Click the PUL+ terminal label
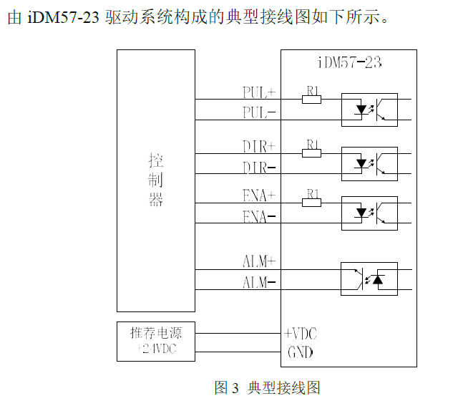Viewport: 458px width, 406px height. [259, 93]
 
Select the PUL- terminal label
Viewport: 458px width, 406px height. [259, 112]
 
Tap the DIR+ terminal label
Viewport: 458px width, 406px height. [259, 147]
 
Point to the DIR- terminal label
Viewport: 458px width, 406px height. [259, 168]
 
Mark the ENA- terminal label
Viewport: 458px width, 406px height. [259, 216]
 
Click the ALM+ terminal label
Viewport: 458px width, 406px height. [259, 262]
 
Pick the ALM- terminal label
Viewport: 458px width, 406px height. [259, 282]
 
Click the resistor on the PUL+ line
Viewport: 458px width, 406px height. [311, 100]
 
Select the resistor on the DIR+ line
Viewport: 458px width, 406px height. [311, 153]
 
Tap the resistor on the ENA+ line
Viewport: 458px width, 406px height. [311, 203]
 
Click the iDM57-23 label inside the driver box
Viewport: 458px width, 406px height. [349, 63]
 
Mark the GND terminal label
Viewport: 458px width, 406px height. [300, 352]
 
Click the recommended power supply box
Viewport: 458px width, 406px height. [156, 342]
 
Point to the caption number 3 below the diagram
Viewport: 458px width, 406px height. [236, 388]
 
